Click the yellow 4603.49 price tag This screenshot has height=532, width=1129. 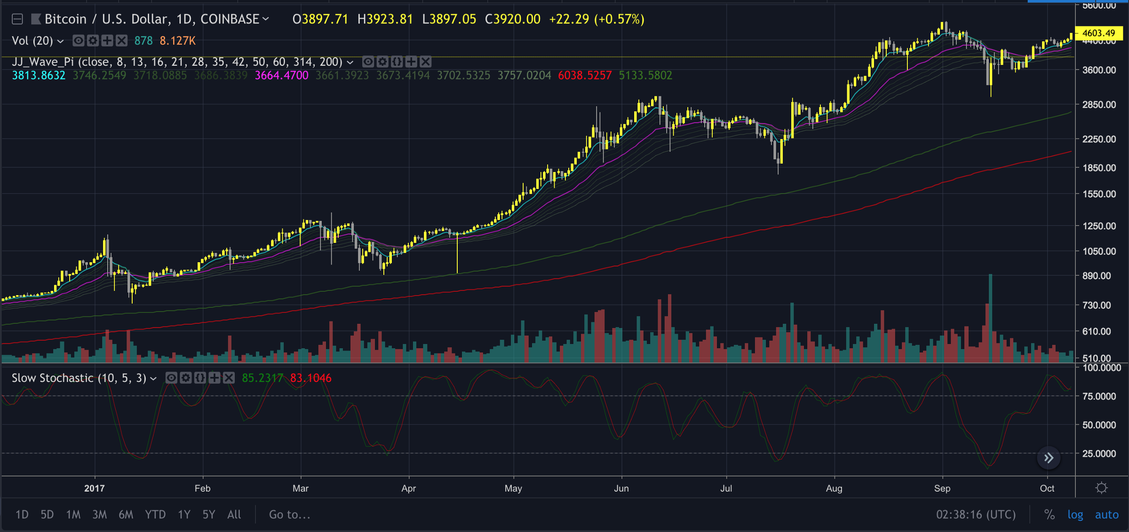[1098, 33]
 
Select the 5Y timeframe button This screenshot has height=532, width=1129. [208, 515]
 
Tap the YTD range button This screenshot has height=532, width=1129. [155, 515]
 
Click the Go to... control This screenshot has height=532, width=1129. [289, 515]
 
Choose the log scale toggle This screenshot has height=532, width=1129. [1075, 515]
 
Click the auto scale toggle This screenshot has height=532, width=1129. [1106, 515]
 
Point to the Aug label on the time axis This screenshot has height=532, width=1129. [834, 488]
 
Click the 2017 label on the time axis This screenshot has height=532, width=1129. [95, 488]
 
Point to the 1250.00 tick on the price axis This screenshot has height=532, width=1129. [1099, 226]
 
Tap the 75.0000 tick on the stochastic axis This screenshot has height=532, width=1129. [1099, 396]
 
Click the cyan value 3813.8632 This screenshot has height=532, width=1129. [39, 76]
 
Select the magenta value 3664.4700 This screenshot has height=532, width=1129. [281, 76]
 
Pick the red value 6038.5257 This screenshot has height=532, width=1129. [585, 76]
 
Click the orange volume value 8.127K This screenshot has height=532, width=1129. [177, 41]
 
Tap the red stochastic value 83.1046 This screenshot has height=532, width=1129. [310, 378]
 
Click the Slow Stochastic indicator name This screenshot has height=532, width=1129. [79, 378]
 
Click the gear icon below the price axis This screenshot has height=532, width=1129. [1101, 488]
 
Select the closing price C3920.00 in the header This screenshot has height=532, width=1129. [513, 19]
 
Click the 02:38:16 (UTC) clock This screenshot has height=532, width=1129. [976, 515]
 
